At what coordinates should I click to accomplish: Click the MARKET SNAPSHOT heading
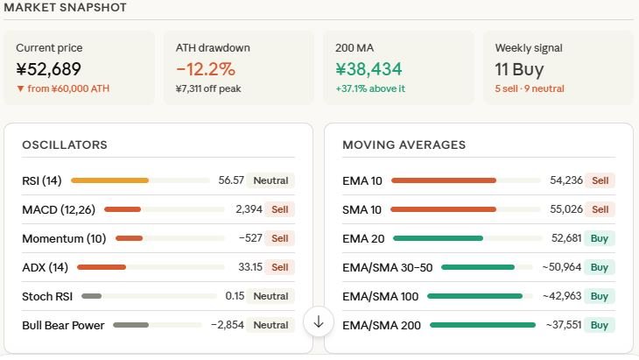(66, 8)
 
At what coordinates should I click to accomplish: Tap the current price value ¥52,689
(49, 69)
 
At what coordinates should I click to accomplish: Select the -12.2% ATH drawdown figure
(206, 69)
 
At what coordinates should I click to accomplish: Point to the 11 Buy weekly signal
(519, 69)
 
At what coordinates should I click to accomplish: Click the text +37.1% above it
(370, 88)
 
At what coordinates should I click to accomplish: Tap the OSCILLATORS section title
(65, 145)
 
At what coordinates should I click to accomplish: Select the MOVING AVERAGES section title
(404, 145)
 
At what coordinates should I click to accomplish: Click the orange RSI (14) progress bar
(109, 180)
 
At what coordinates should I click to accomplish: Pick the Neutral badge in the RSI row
(270, 180)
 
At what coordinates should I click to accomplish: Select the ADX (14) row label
(45, 267)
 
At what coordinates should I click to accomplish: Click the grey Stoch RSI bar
(92, 296)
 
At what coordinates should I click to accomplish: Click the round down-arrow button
(319, 321)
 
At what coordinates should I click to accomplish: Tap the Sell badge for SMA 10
(600, 209)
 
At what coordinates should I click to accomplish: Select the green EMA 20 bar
(438, 238)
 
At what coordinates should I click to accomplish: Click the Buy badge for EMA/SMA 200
(600, 325)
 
